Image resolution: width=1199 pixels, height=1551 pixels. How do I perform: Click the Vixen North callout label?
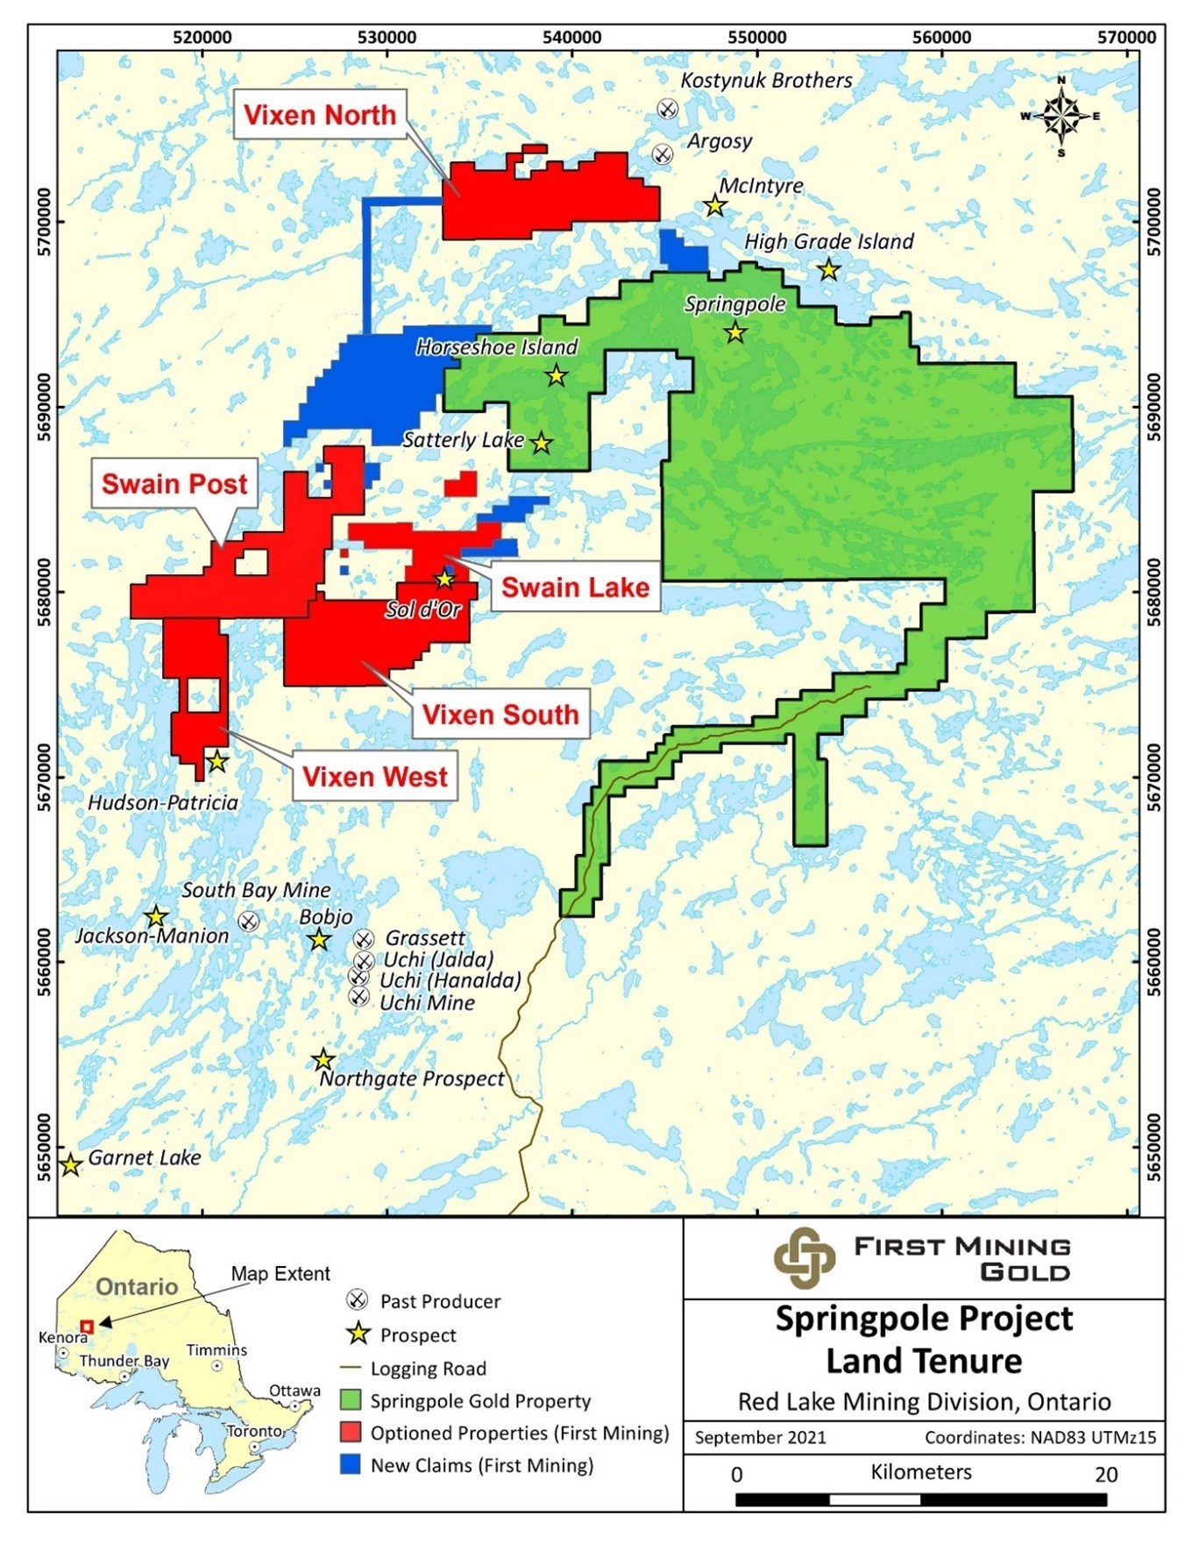(x=320, y=115)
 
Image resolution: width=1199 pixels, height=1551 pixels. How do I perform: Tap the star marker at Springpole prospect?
(x=735, y=333)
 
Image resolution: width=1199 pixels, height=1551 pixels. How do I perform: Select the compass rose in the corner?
(x=1061, y=116)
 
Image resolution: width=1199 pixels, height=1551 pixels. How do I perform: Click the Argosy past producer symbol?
(x=663, y=154)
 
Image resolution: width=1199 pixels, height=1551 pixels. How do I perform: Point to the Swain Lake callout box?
(x=575, y=587)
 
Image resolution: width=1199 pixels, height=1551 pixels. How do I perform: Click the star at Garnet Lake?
(x=71, y=1166)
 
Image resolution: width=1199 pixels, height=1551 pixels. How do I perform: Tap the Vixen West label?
(x=375, y=777)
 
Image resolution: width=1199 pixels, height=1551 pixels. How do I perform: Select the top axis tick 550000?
(x=756, y=38)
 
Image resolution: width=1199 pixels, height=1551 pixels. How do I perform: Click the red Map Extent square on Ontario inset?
(x=87, y=1327)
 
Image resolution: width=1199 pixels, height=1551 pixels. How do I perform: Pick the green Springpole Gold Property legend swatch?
(x=351, y=1400)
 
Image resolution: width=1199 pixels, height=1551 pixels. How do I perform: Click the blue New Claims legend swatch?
(x=351, y=1465)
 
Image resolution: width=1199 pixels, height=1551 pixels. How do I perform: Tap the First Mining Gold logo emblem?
(x=804, y=1258)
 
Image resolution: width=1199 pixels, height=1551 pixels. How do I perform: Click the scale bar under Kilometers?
(x=920, y=1500)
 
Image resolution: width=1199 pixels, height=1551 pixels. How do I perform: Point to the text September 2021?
(x=760, y=1438)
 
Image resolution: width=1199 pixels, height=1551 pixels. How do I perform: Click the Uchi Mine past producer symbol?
(x=358, y=997)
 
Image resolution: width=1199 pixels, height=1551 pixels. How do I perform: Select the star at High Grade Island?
(x=828, y=271)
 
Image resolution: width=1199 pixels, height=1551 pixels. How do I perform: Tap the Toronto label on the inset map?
(x=254, y=1431)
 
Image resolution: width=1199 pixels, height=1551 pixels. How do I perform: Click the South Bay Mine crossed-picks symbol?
(x=249, y=921)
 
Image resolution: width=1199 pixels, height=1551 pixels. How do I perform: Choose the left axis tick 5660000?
(x=44, y=962)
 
